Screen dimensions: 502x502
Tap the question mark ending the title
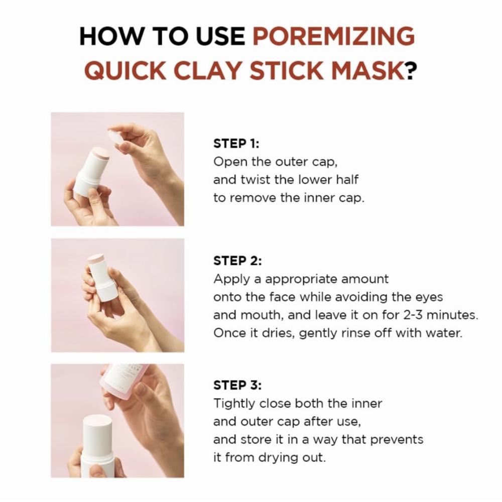click(412, 70)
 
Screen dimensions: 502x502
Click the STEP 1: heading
click(236, 144)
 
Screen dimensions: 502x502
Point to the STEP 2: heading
click(237, 261)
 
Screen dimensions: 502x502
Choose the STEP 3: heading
click(237, 385)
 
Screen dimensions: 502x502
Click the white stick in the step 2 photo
click(101, 277)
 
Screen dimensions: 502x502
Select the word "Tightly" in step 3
click(234, 404)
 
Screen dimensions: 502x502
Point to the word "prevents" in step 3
click(397, 440)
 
